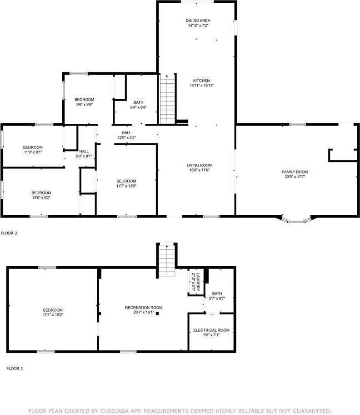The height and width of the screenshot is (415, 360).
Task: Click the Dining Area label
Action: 198,20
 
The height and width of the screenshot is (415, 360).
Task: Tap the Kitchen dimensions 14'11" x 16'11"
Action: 201,86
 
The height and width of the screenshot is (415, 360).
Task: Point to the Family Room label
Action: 295,172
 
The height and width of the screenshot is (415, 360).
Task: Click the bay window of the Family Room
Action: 296,221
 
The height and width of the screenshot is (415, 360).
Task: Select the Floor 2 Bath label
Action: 138,102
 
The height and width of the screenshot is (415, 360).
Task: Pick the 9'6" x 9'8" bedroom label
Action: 84,100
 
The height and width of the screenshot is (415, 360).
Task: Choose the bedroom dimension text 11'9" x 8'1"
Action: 33,152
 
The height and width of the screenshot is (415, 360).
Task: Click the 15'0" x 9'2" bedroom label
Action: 41,193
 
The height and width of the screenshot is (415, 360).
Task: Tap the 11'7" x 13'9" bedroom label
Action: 126,181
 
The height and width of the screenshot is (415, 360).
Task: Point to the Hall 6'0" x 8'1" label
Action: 84,151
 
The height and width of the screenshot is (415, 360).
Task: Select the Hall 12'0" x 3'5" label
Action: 126,132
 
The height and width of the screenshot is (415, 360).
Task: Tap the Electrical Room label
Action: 211,330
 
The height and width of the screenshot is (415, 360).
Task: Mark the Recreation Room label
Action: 144,308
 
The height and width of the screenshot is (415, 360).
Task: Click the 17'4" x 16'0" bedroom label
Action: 53,310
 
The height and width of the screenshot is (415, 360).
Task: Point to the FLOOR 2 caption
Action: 9,233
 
